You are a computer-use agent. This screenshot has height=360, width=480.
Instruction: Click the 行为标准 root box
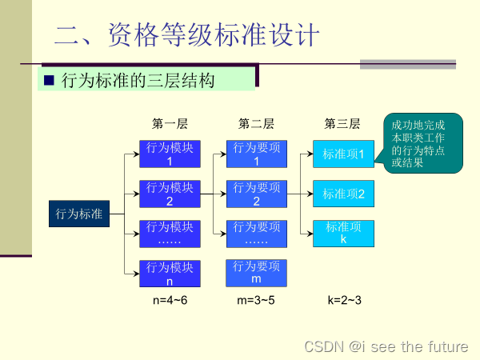(78, 214)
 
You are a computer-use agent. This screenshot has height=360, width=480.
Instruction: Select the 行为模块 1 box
(170, 154)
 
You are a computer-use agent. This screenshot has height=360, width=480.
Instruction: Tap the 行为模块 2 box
(170, 194)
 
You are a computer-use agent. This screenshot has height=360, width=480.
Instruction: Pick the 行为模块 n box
(170, 274)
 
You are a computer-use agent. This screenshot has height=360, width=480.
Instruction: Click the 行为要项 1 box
(256, 154)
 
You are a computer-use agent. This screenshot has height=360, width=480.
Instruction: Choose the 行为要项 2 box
(256, 194)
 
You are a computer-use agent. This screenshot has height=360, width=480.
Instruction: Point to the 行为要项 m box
(256, 273)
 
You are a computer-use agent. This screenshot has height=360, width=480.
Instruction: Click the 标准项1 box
(343, 154)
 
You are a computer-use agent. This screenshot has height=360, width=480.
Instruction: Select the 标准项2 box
(343, 194)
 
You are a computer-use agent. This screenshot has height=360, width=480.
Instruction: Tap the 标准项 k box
(343, 233)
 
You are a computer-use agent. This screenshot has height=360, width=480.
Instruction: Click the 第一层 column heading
(170, 124)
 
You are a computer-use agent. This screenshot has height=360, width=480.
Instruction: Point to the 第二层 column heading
(256, 124)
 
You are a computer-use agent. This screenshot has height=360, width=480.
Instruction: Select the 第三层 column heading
(342, 124)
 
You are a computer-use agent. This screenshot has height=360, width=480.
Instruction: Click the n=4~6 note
(170, 300)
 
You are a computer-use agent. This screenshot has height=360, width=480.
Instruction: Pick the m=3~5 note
(256, 300)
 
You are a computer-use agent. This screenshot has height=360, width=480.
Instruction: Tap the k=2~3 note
(344, 300)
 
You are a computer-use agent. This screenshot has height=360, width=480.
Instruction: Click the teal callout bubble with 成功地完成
(422, 143)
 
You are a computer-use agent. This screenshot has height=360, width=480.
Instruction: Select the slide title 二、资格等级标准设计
(187, 35)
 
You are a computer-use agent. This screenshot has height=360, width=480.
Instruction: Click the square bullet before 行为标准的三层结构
(48, 80)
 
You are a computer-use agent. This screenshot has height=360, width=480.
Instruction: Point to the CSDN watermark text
(386, 346)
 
